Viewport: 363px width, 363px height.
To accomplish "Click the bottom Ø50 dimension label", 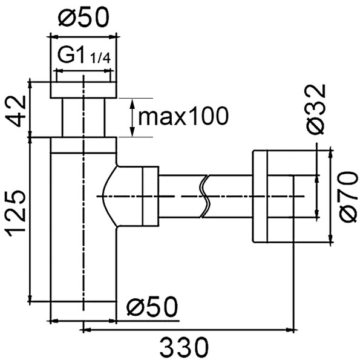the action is [152, 307].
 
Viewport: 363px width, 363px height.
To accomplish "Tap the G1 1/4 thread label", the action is [84, 56].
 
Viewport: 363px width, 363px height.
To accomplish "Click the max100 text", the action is [183, 116].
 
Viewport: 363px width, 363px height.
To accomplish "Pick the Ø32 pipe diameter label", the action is [316, 109].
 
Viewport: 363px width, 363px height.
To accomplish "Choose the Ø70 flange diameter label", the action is [348, 197].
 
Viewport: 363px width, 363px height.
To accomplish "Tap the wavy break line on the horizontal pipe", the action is [205, 196].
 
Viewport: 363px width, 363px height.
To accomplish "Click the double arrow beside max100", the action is [132, 117].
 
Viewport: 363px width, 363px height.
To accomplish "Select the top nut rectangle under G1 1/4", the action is [83, 90].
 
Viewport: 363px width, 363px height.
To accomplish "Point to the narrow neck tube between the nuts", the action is [83, 117].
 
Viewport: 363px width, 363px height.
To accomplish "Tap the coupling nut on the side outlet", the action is [151, 196].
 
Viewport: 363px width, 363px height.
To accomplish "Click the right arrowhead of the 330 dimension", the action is [290, 330].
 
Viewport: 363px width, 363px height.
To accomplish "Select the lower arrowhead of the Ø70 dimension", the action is [330, 238].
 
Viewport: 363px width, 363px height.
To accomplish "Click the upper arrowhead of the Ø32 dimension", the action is [316, 179].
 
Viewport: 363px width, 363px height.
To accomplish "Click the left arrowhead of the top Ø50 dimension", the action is [54, 36].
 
